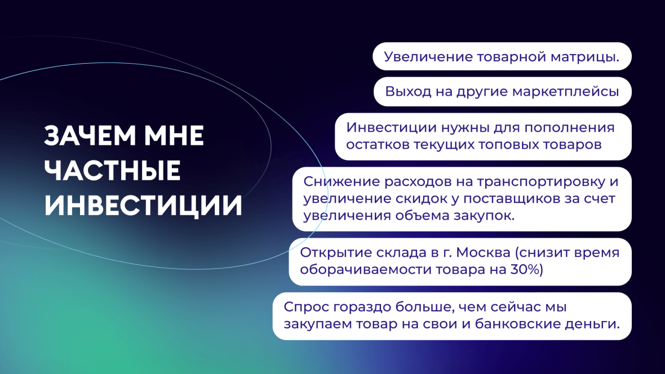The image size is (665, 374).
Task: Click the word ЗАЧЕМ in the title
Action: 90,136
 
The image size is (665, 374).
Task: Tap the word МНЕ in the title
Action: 174,136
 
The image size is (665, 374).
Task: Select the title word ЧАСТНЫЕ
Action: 112,171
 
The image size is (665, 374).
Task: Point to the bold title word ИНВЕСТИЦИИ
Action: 143,206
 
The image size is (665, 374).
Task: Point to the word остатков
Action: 378,145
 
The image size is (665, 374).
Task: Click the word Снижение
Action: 342,181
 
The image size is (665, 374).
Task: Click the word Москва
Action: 484,253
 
